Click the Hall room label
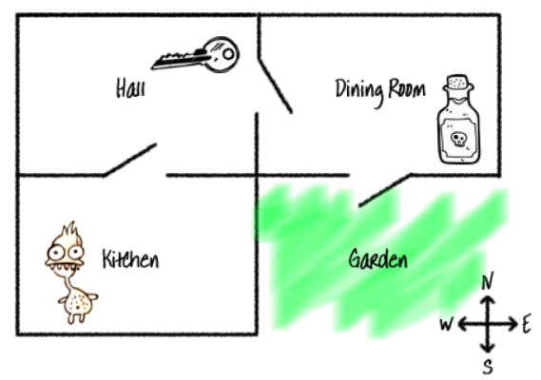click(x=130, y=87)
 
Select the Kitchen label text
click(x=131, y=259)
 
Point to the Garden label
click(x=377, y=259)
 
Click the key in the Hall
click(x=196, y=55)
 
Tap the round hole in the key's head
click(x=228, y=54)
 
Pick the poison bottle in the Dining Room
click(x=458, y=120)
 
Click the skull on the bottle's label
click(x=458, y=139)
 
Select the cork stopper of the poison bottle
click(x=458, y=82)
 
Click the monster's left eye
click(x=55, y=253)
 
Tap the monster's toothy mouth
click(x=65, y=267)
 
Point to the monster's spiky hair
click(x=70, y=230)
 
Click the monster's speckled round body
click(x=78, y=304)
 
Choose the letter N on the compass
click(x=487, y=281)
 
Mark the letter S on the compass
click(x=488, y=367)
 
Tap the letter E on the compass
click(x=526, y=325)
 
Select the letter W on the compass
click(x=446, y=325)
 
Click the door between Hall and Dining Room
click(x=276, y=85)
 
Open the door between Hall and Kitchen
click(x=130, y=160)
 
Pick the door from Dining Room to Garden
click(x=385, y=190)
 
